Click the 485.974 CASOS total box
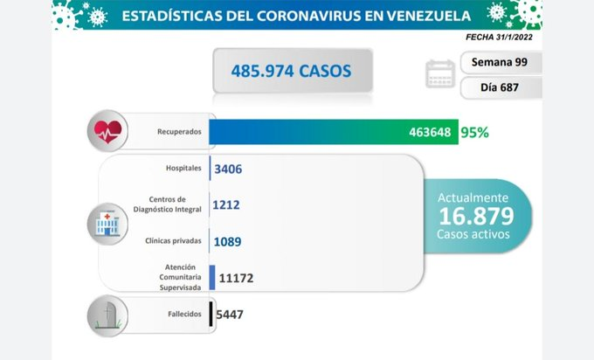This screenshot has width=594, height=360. [x=293, y=71]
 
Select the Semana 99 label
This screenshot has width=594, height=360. [x=500, y=62]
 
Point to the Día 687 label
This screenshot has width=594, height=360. [x=500, y=87]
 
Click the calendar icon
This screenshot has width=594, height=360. [x=439, y=73]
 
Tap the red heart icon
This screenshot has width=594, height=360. [x=108, y=131]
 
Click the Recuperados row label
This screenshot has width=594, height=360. [x=179, y=132]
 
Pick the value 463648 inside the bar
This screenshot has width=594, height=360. [x=430, y=132]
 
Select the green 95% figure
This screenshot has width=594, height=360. [x=474, y=132]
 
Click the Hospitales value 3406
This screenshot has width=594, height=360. [x=228, y=169]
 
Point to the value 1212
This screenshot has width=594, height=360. [x=226, y=205]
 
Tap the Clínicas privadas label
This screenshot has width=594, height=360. [x=173, y=241]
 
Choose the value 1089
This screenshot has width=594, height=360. [x=227, y=241]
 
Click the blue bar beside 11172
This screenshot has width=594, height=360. [x=212, y=277]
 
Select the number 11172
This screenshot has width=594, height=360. [x=236, y=278]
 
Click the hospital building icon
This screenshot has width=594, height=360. [x=107, y=224]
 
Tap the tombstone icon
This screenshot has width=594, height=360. [x=108, y=315]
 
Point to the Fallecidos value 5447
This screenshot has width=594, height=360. [x=230, y=315]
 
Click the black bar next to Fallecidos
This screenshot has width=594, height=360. [x=211, y=314]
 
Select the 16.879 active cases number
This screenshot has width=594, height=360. [x=476, y=216]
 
